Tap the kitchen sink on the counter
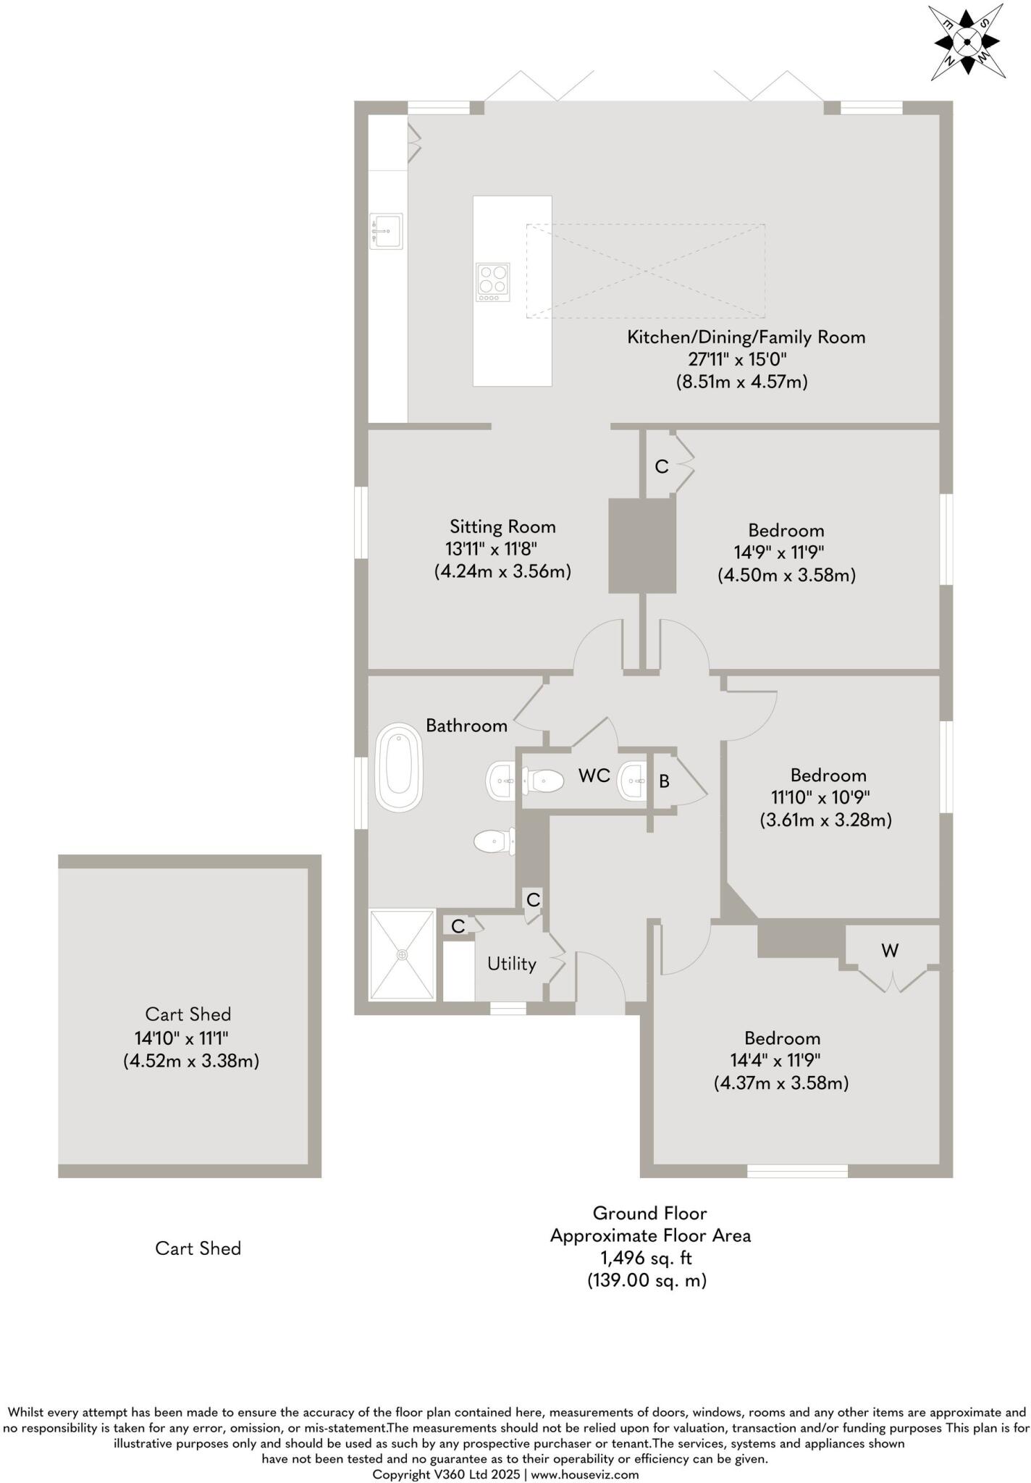click(386, 231)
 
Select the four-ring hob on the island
click(492, 282)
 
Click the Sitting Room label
click(502, 526)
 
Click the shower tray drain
click(402, 955)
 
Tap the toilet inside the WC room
click(545, 780)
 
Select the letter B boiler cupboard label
click(664, 781)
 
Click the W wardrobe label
click(890, 950)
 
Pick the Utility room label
click(511, 964)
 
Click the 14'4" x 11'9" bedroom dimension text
click(775, 1060)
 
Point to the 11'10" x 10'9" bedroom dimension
click(820, 797)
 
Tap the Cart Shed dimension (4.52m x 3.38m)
click(191, 1061)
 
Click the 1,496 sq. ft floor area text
click(646, 1258)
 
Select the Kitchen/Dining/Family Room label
click(746, 337)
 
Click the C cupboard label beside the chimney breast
click(661, 467)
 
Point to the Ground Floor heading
click(649, 1213)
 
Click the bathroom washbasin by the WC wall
click(500, 781)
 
